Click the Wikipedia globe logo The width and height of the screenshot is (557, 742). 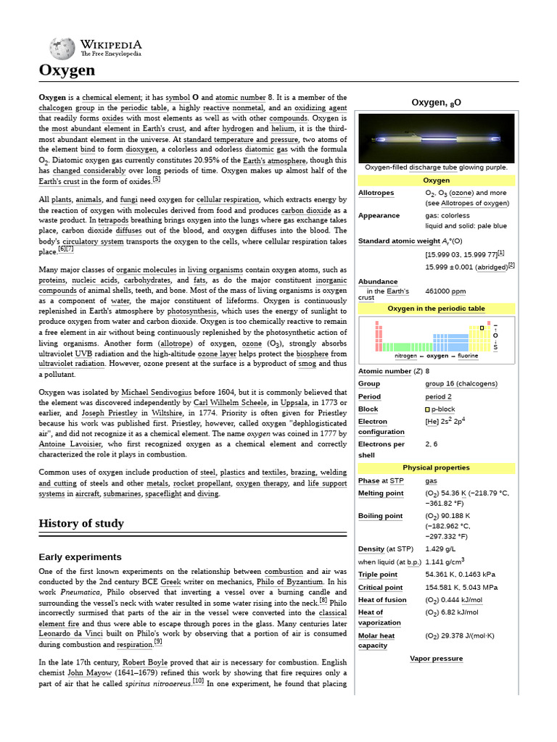click(x=62, y=49)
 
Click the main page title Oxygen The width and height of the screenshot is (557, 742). click(x=66, y=70)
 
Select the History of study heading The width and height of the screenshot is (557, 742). click(x=81, y=523)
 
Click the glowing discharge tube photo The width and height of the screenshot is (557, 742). click(x=436, y=138)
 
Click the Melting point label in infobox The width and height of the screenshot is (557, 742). click(x=381, y=493)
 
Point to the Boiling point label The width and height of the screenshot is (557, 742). click(x=380, y=516)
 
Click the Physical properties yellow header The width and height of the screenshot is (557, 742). click(x=436, y=468)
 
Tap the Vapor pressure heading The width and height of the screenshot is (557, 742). click(x=436, y=659)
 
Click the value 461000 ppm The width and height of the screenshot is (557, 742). click(x=445, y=291)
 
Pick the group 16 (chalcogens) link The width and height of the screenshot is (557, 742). click(x=461, y=384)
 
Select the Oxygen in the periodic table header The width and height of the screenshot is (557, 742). click(x=436, y=309)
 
